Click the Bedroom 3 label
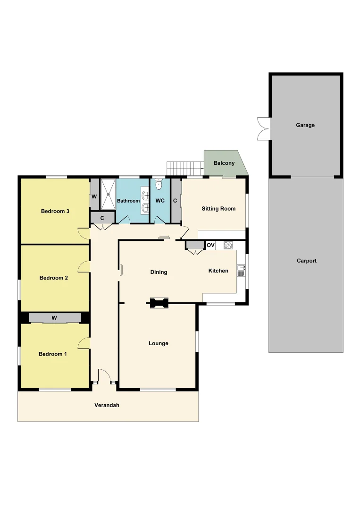[55, 211]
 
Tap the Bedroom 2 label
[54, 278]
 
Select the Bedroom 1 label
[53, 354]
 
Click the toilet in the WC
[159, 183]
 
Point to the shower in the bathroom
[109, 194]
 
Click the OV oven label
[210, 245]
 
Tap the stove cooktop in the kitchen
[228, 245]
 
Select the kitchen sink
[241, 271]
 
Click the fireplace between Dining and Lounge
[159, 303]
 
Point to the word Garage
[305, 125]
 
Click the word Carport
[307, 261]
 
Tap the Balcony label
[224, 163]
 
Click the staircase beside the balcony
[184, 167]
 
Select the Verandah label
[107, 405]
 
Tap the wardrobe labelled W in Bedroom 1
[54, 318]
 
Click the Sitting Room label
[218, 208]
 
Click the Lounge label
[159, 343]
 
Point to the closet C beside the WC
[176, 200]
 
